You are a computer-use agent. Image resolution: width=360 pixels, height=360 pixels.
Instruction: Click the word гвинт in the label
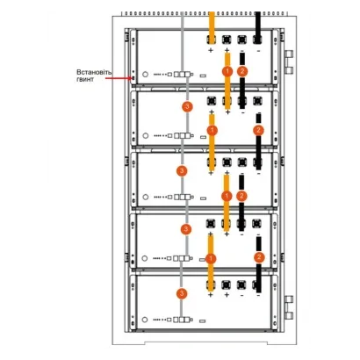(x=85, y=79)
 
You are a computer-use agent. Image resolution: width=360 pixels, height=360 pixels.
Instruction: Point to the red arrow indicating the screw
(x=119, y=78)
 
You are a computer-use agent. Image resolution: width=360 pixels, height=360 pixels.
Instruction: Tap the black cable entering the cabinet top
(x=257, y=28)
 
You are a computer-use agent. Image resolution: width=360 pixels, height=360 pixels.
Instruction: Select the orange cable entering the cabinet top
(x=212, y=28)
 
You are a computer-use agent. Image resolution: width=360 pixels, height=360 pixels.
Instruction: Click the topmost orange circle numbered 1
(x=227, y=71)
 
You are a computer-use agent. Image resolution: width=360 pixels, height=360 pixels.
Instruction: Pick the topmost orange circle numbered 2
(x=242, y=71)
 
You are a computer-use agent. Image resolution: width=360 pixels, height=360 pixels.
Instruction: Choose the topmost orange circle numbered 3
(x=188, y=106)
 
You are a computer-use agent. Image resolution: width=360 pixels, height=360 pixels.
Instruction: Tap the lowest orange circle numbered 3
(x=182, y=293)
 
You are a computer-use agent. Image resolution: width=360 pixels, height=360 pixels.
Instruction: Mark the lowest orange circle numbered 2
(x=259, y=257)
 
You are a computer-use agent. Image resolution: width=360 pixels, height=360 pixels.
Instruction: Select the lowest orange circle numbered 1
(x=211, y=259)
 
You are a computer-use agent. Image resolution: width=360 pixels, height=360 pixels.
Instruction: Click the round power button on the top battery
(x=145, y=75)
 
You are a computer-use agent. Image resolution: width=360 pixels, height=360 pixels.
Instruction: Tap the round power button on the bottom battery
(x=145, y=320)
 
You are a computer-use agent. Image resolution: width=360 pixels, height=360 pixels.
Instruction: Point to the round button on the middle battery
(x=146, y=197)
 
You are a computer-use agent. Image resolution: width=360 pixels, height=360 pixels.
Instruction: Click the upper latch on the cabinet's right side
(x=289, y=62)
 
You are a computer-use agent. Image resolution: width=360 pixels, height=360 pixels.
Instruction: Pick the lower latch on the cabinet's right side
(x=289, y=307)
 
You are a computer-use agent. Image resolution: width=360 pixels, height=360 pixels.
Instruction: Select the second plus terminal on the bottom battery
(x=227, y=284)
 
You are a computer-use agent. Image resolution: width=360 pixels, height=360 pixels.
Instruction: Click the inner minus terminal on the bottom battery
(x=241, y=284)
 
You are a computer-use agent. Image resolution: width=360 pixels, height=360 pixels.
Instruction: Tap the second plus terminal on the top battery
(x=227, y=40)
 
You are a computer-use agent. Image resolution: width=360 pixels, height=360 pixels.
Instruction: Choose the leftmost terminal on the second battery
(x=212, y=101)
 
